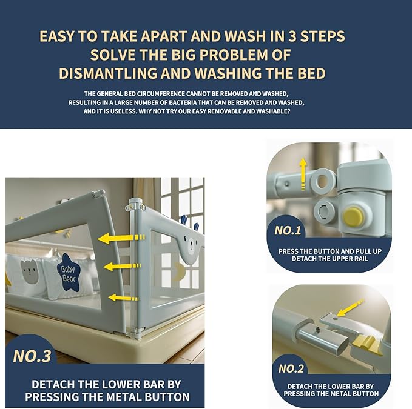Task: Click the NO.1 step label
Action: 288,230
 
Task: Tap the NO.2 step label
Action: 291,368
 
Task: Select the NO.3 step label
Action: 32,356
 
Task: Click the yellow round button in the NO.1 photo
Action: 354,217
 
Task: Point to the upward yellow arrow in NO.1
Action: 303,174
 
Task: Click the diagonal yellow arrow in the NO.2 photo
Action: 350,308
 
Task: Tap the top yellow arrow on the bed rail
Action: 121,238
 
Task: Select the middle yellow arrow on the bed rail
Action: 122,267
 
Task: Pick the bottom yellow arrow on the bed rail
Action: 123,298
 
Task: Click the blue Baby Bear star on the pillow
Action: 69,273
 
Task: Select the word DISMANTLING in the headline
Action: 108,73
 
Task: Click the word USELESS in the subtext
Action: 124,111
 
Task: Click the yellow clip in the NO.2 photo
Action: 365,342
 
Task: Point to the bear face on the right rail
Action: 191,245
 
